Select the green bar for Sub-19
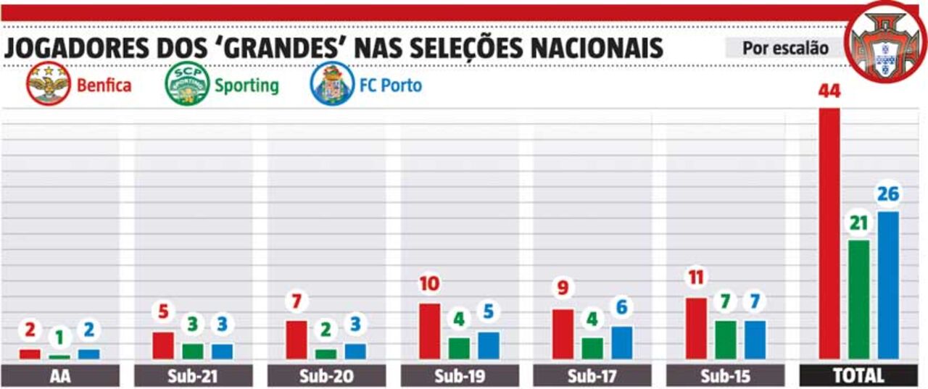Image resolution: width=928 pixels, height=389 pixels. pos(459,348)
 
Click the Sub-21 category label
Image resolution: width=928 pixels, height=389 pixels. pos(193,376)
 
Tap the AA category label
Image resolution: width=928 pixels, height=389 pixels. pos(60,376)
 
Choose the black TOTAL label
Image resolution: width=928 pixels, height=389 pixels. pos(858,376)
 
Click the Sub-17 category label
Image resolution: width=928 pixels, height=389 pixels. pos(592,376)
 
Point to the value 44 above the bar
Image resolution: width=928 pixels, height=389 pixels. pos(829,91)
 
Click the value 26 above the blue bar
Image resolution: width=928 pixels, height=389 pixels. pos(888,194)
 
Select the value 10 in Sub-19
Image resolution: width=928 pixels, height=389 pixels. pos(429,283)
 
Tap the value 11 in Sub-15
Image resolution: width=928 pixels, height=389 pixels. pos(696,277)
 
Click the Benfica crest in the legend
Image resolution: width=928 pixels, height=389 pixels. pos(48,85)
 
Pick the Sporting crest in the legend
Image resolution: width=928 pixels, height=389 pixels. pos(187,85)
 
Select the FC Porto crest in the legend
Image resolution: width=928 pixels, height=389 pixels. pos(332,85)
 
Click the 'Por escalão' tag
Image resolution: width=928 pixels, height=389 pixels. pos(785,48)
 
